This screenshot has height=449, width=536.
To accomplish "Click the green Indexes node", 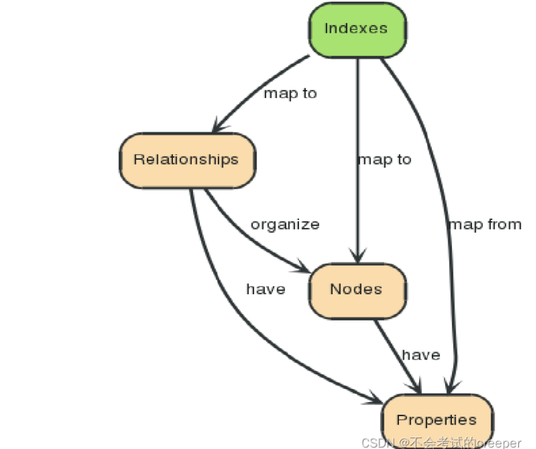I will point(356,29).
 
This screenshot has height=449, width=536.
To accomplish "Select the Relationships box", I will point(186,160).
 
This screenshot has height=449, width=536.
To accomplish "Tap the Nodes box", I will point(357,289).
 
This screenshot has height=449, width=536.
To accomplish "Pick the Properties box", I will point(436,420).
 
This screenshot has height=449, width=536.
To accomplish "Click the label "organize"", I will point(284,224).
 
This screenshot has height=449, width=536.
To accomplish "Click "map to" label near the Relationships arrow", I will point(290,94).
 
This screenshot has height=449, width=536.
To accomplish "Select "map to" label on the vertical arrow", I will point(384,160).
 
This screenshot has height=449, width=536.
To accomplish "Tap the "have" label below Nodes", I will point(420,355).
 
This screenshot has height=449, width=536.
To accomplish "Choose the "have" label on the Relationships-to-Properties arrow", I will point(266,289).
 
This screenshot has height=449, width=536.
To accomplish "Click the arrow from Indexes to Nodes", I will point(358,122).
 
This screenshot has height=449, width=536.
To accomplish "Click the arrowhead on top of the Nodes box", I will point(358,256).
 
